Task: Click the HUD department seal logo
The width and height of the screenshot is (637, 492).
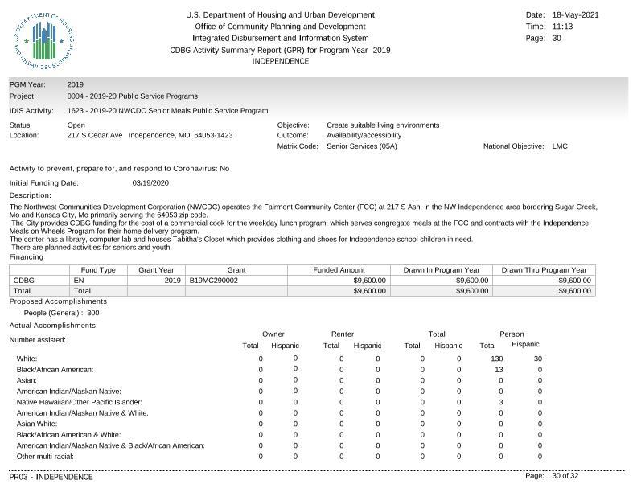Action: pyautogui.click(x=45, y=41)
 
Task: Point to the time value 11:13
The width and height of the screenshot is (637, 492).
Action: pyautogui.click(x=563, y=27)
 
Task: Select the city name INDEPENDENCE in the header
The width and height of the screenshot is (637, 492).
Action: pyautogui.click(x=280, y=61)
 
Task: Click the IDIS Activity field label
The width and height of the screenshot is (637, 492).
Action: pyautogui.click(x=31, y=111)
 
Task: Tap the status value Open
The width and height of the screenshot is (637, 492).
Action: pyautogui.click(x=76, y=125)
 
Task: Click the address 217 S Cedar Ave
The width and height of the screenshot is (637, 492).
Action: pyautogui.click(x=95, y=136)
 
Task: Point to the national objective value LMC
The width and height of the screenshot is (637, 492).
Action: pyautogui.click(x=560, y=146)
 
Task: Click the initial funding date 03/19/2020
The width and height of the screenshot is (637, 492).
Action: pyautogui.click(x=149, y=183)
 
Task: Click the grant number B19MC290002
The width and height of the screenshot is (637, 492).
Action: pyautogui.click(x=214, y=281)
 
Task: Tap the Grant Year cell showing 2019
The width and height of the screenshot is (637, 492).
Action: pyautogui.click(x=172, y=281)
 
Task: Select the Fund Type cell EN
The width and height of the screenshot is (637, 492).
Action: pyautogui.click(x=79, y=281)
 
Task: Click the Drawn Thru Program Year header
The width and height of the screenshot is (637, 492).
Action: pyautogui.click(x=544, y=270)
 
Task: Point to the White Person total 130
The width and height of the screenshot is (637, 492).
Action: pyautogui.click(x=496, y=359)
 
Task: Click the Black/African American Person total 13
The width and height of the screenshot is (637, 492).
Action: pyautogui.click(x=499, y=370)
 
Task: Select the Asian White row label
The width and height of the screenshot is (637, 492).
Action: pyautogui.click(x=37, y=424)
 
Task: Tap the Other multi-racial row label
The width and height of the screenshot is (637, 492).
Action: pyautogui.click(x=45, y=457)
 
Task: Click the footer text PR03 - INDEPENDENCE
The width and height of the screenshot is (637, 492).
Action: pyautogui.click(x=51, y=477)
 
